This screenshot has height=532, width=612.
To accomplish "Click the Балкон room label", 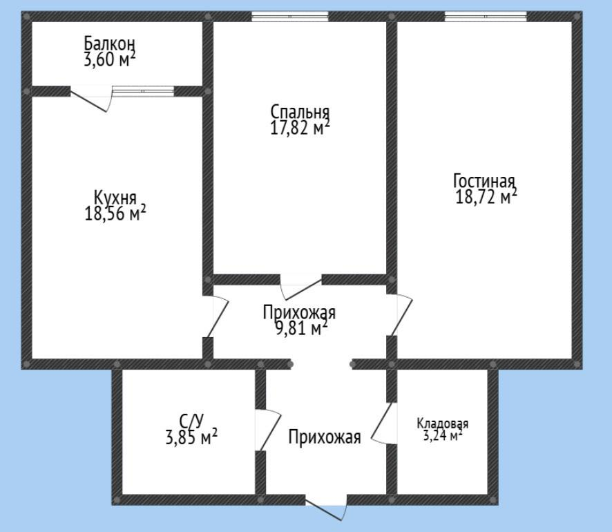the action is (110, 44).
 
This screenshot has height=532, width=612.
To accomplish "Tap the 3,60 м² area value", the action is (110, 59).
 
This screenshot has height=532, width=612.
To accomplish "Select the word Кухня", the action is (115, 198).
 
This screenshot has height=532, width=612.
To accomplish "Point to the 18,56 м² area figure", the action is (115, 213).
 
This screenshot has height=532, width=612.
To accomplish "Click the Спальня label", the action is (300, 112).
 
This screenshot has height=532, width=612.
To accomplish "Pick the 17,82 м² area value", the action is (300, 127).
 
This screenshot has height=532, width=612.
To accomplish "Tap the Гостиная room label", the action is (484, 181).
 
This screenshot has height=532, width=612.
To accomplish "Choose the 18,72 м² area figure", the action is (486, 196).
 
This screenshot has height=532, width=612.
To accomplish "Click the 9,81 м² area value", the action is (301, 328).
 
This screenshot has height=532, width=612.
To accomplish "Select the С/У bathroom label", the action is (191, 421).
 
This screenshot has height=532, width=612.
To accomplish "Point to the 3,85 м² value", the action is (191, 437).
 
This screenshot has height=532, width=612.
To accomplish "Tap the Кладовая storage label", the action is (443, 424).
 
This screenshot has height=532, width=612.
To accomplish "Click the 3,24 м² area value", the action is (443, 435).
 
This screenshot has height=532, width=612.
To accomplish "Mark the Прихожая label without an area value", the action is (325, 437).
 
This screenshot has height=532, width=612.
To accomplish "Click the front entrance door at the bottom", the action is (326, 509).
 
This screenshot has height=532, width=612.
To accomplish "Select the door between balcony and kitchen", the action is (91, 99).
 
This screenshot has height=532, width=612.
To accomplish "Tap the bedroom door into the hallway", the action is (301, 287).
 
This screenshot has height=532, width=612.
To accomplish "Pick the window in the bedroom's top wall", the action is (290, 16).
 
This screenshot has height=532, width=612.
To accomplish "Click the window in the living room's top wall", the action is (486, 16).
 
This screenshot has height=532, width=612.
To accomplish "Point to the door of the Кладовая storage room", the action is (384, 423).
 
